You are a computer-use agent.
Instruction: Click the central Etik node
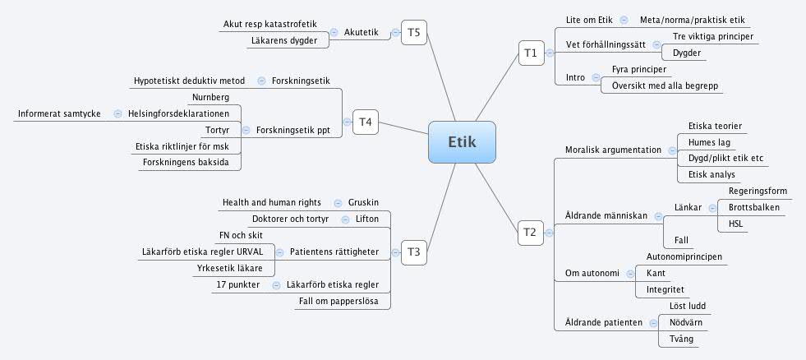point(462,142)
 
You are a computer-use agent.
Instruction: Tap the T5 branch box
point(413,33)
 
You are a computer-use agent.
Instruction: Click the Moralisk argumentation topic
point(613,150)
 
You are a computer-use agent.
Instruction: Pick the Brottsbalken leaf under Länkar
point(749,207)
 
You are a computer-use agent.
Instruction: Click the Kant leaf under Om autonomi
point(656,273)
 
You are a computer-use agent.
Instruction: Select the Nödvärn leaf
point(683,323)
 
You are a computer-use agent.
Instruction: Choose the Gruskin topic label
point(363,202)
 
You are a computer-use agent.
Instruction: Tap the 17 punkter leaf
point(238,284)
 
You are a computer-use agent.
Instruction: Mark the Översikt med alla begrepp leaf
point(661,85)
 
